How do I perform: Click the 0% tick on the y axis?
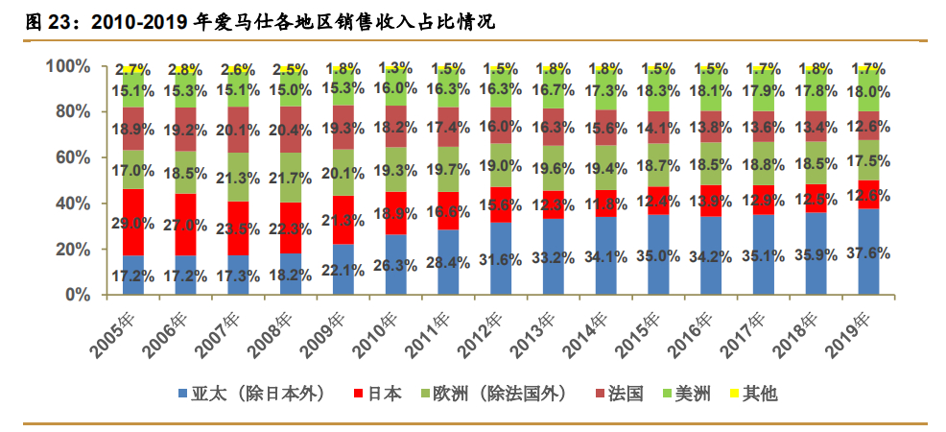pyautogui.click(x=78, y=295)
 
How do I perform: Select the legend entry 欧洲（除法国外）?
pyautogui.click(x=492, y=394)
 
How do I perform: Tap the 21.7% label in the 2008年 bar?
pyautogui.click(x=291, y=179)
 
